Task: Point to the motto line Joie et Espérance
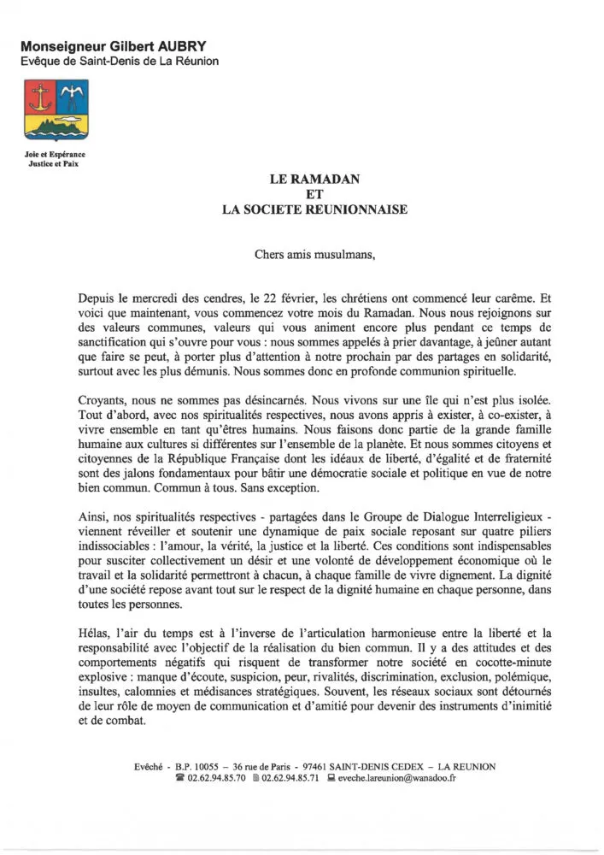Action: point(54,154)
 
